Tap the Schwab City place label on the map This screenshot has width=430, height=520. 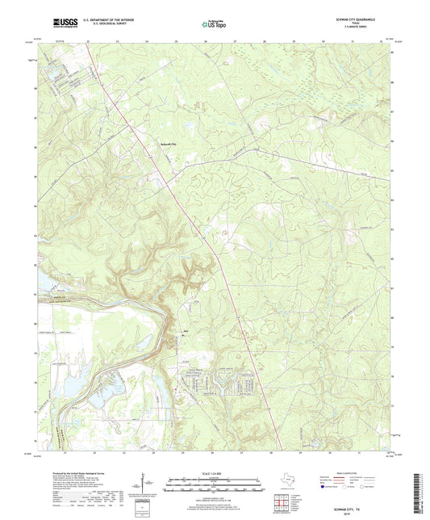coord(164,145)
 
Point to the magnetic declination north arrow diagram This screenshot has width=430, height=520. coord(146,484)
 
